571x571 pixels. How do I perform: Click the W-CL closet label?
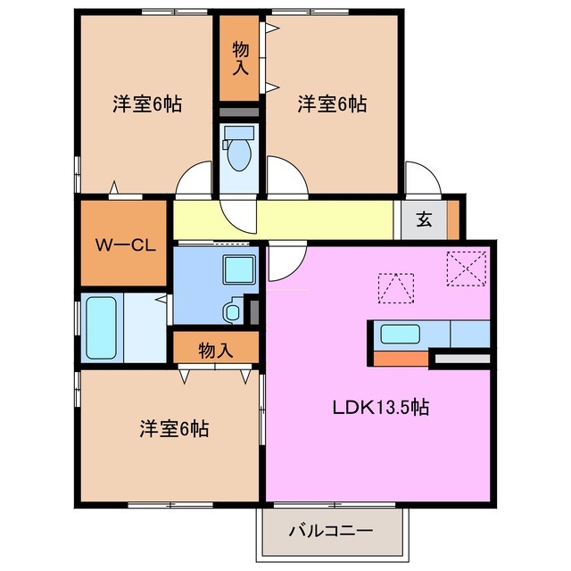pyautogui.click(x=126, y=244)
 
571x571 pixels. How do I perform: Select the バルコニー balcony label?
pyautogui.click(x=330, y=532)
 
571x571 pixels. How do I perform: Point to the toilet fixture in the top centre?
pyautogui.click(x=239, y=152)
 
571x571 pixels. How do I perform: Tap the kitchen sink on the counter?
pyautogui.click(x=401, y=335)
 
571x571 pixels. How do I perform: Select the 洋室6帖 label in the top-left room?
pyautogui.click(x=147, y=103)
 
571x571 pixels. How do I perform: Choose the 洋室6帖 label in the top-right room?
pyautogui.click(x=331, y=103)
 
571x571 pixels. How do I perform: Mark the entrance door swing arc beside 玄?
pyautogui.click(x=421, y=177)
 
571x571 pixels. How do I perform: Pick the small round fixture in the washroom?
pyautogui.click(x=233, y=311)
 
